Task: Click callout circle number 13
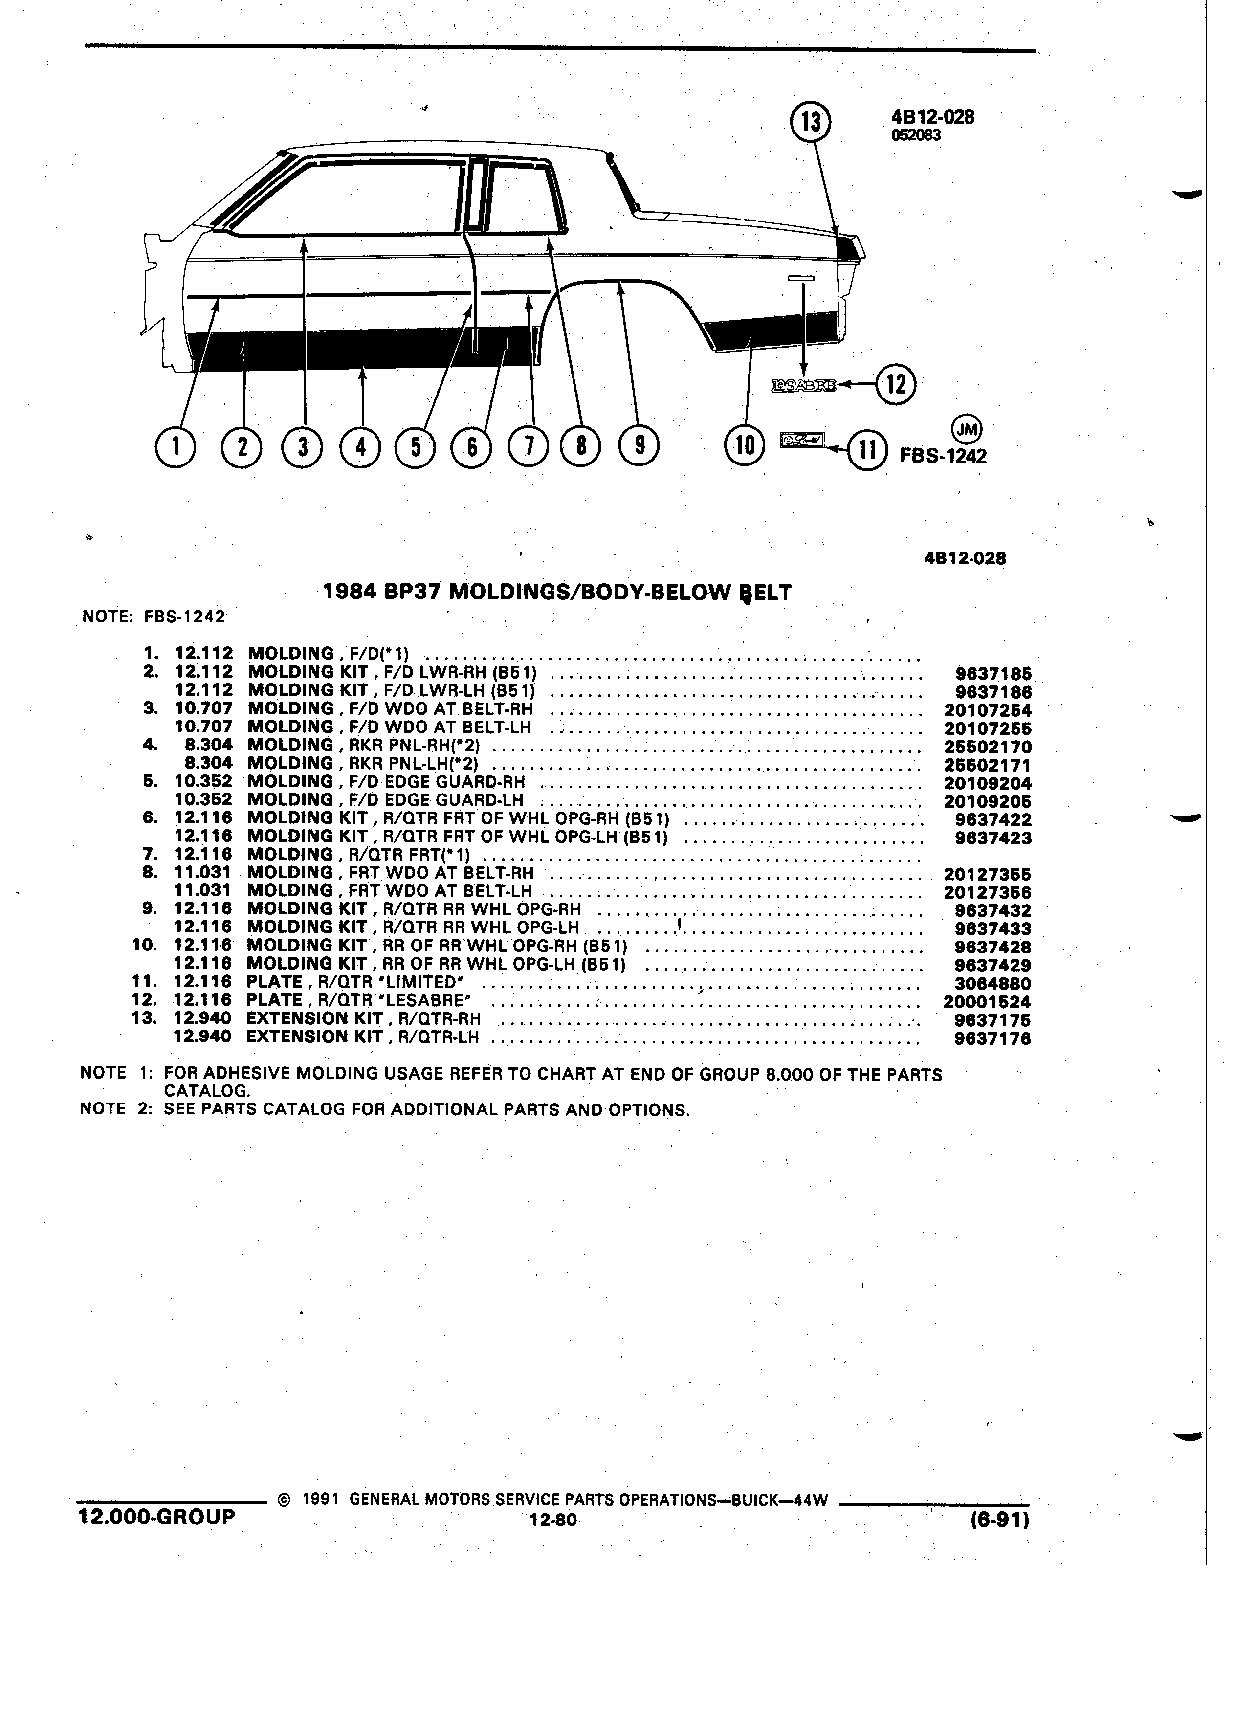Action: pyautogui.click(x=811, y=122)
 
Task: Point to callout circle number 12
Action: pyautogui.click(x=896, y=385)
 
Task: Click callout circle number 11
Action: pyautogui.click(x=866, y=450)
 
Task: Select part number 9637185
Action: pyautogui.click(x=993, y=674)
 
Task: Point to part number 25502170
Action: pyautogui.click(x=988, y=747)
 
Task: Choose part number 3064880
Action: pyautogui.click(x=993, y=983)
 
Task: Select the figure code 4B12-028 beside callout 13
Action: pyautogui.click(x=932, y=117)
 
